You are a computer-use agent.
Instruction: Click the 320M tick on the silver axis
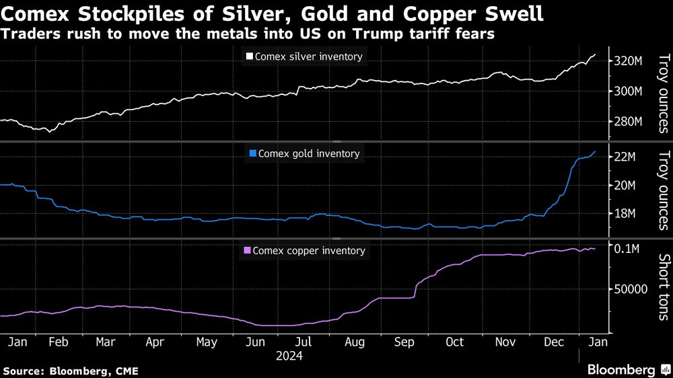point(627,61)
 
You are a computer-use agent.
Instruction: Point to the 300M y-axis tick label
point(627,91)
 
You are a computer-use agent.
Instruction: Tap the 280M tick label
point(627,122)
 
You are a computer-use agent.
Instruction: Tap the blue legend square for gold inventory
point(253,153)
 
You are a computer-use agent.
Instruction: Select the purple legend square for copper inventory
point(247,251)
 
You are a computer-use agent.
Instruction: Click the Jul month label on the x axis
point(304,342)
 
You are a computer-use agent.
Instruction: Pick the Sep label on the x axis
point(404,342)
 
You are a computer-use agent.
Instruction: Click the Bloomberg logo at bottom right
point(621,369)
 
